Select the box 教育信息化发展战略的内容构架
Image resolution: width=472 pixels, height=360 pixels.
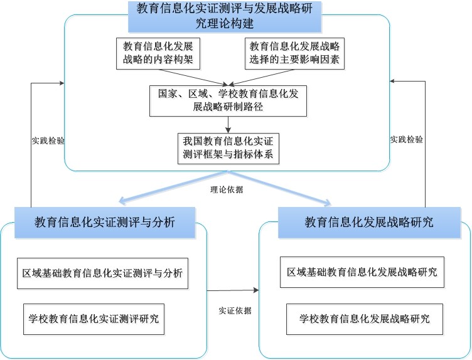coord(157,54)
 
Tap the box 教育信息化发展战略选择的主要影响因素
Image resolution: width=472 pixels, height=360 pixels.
coord(295,54)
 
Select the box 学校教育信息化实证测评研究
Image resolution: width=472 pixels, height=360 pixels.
coord(94,318)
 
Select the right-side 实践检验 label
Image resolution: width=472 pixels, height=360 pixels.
coord(406,139)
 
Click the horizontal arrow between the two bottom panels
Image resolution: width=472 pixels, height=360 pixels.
coord(232,290)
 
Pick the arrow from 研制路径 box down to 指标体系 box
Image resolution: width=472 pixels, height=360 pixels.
coord(228,124)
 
